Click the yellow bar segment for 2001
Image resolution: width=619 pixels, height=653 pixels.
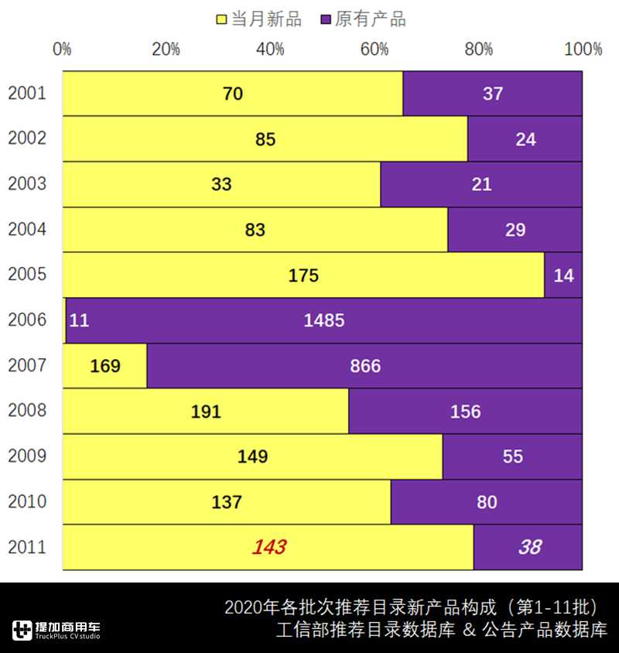232,94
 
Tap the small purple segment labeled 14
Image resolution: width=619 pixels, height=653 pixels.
563,275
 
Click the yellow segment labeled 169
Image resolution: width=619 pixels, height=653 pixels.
104,366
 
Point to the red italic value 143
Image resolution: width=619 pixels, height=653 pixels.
268,548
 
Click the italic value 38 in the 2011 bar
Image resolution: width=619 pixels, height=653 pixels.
529,548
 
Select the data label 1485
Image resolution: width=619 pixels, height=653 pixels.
324,320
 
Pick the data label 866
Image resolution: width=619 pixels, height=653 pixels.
365,366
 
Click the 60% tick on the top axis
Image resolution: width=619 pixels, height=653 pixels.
374,50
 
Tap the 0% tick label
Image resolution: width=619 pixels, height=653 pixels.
62,50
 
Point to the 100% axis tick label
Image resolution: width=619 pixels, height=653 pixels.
583,50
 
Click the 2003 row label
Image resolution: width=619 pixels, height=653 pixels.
27,184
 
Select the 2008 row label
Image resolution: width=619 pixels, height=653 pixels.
27,411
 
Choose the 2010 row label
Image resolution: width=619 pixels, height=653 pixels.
27,502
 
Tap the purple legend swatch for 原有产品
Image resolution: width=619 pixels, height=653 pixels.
325,19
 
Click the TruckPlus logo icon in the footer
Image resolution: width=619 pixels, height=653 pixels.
22,630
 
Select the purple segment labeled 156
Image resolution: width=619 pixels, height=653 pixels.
465,412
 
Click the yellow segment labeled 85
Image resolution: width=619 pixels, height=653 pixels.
265,139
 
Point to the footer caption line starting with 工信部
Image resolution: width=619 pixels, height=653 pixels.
441,629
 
